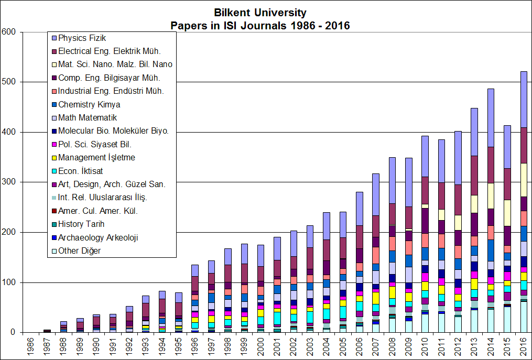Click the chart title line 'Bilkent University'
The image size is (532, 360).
point(260,13)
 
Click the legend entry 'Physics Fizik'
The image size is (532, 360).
point(82,38)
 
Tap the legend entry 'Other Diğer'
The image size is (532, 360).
point(79,251)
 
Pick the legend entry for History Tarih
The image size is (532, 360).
point(81,224)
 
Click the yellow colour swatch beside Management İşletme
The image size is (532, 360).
point(53,158)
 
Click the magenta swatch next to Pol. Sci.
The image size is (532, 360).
point(53,144)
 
